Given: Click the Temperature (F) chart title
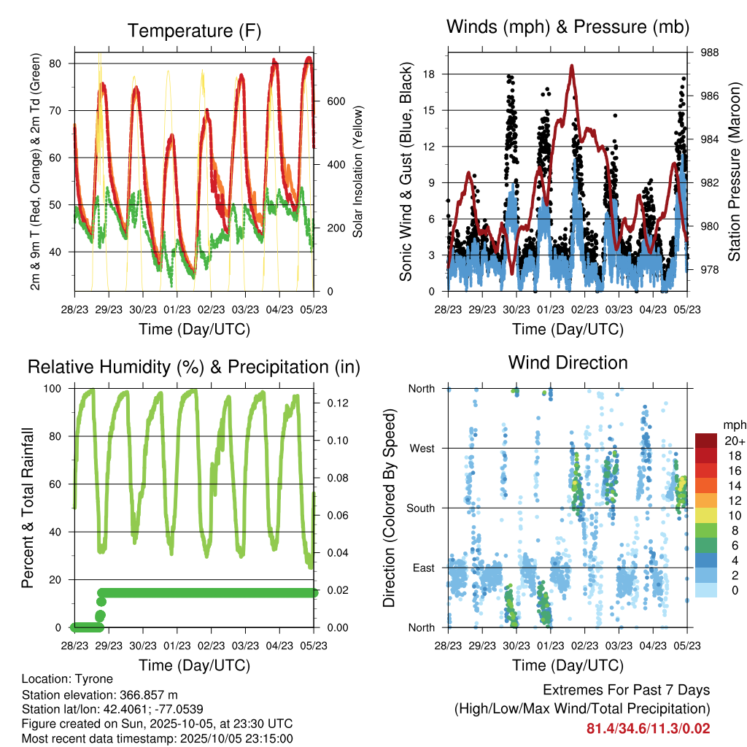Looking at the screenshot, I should pos(194,31).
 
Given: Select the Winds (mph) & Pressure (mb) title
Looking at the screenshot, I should pos(568,28).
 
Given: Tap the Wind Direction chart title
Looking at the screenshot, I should pos(568,362).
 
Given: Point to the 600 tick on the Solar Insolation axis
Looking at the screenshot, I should pos(336,101).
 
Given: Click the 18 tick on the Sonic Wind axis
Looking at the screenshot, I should pos(429,74).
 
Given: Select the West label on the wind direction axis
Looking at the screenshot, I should pos(421,448).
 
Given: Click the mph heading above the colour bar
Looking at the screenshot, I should pos(733,425).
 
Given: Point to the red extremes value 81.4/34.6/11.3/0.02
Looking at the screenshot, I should pos(648,728).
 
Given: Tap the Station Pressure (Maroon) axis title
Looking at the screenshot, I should pos(735,172).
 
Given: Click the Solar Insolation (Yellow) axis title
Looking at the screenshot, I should pos(358,172).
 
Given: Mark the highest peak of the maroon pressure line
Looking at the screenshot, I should pos(572,66).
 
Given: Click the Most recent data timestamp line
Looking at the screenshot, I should pos(158,738).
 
